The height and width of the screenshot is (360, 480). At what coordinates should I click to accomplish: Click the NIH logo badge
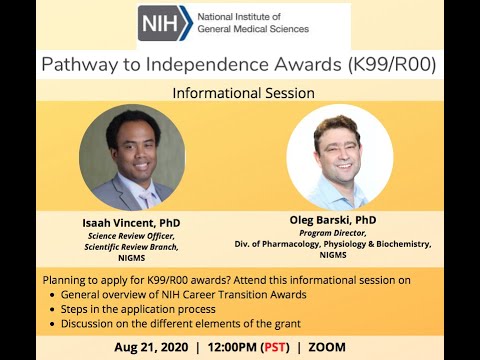coord(165,23)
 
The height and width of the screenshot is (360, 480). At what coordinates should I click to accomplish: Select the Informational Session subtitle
coord(243,93)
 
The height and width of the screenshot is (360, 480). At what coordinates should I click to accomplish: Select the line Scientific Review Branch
coord(131,247)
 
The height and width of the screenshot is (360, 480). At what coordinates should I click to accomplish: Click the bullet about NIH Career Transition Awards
coord(181,296)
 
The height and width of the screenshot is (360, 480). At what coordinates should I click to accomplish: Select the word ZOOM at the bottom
coord(327,347)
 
